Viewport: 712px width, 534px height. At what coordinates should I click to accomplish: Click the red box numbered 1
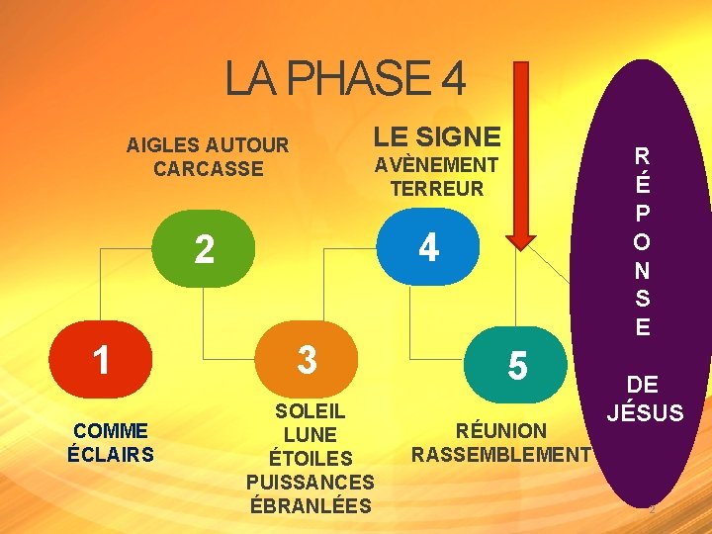tap(102, 360)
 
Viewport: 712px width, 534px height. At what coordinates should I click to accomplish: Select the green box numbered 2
tap(205, 249)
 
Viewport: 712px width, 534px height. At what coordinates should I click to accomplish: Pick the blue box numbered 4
tap(428, 247)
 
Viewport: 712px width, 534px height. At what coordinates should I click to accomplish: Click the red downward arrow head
tap(520, 238)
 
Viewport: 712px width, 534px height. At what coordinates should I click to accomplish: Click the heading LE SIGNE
tap(436, 136)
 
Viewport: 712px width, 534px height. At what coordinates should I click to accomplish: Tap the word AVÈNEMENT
tap(436, 165)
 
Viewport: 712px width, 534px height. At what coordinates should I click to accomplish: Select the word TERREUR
tap(436, 188)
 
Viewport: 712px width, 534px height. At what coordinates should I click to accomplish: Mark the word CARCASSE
tap(209, 168)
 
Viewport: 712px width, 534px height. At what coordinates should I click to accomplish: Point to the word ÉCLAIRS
tap(110, 455)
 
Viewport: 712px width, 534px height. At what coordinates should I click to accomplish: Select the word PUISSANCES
tap(310, 483)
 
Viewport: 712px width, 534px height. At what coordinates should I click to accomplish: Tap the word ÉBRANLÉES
tap(310, 506)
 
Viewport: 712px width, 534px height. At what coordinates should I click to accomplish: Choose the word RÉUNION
tap(500, 430)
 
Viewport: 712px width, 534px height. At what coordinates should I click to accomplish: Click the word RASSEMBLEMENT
tap(500, 454)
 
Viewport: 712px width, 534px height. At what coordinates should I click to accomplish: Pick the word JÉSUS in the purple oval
tap(645, 411)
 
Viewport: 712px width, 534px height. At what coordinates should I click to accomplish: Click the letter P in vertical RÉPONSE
tap(643, 215)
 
